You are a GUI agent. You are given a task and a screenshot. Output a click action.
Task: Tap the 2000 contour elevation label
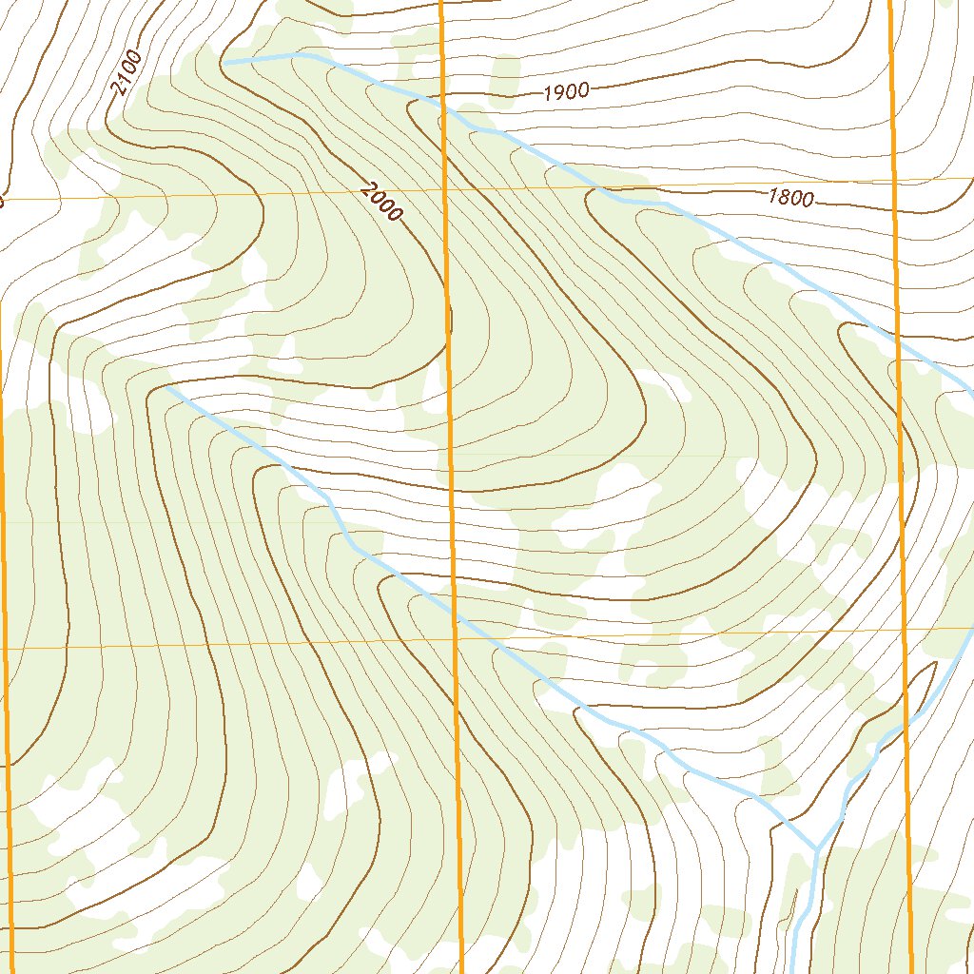[x=381, y=202]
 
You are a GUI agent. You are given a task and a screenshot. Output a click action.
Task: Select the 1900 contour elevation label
[x=567, y=92]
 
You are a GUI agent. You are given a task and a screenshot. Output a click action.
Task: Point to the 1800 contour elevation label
[x=791, y=198]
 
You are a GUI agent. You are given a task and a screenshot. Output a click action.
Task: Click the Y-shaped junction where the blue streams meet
[x=816, y=848]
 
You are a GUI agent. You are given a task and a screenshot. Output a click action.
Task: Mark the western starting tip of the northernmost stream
[x=224, y=63]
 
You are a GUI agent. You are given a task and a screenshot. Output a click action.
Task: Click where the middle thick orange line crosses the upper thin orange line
[x=445, y=189]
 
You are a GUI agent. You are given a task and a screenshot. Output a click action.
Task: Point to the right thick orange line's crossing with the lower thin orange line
[x=905, y=630]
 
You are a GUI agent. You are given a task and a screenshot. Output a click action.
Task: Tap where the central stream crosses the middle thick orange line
[x=454, y=614]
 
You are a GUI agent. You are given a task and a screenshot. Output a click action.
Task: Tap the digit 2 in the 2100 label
[x=118, y=89]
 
